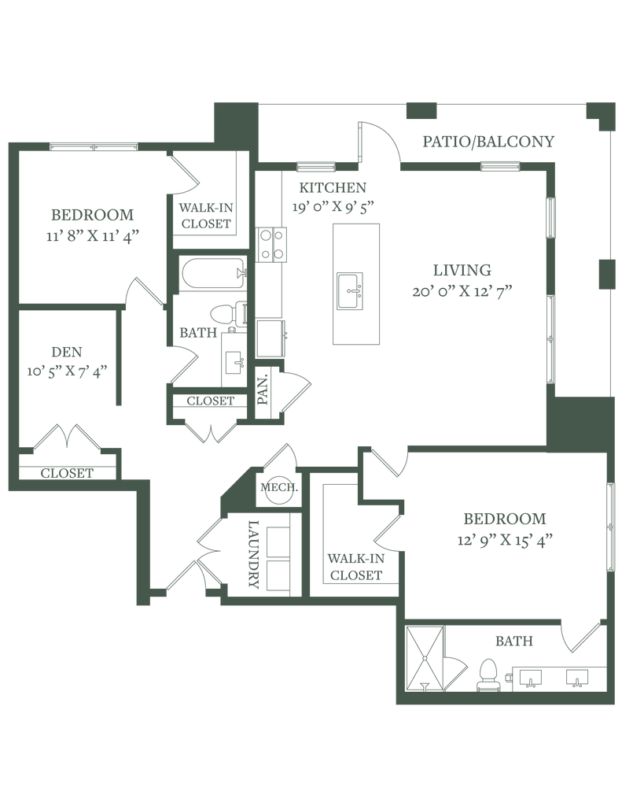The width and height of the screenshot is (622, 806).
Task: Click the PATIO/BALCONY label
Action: click(x=488, y=142)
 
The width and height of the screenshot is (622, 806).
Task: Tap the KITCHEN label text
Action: click(x=331, y=188)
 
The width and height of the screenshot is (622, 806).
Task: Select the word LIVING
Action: click(x=462, y=268)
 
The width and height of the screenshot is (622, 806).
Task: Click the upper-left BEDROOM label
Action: click(x=93, y=214)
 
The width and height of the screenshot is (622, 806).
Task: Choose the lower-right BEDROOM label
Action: click(x=504, y=519)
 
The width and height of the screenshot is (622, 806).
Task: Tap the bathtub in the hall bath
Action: click(x=209, y=273)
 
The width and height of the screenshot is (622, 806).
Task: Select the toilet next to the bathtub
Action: click(x=230, y=313)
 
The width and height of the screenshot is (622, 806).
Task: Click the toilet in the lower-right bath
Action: click(x=488, y=675)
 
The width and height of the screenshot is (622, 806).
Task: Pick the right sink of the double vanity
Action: click(x=580, y=676)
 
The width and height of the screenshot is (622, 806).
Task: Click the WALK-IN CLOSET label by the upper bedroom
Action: click(x=204, y=215)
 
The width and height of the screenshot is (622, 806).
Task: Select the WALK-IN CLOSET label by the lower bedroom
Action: click(x=355, y=565)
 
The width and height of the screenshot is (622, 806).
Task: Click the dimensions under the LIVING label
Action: click(x=462, y=292)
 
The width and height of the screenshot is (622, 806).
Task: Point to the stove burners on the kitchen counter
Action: click(x=272, y=242)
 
